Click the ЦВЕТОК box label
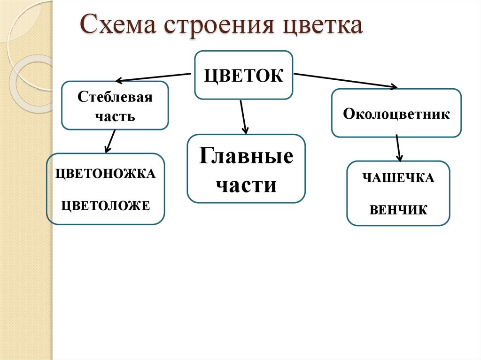(244, 75)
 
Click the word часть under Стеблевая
(115, 116)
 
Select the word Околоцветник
(396, 114)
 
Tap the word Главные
(246, 156)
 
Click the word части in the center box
(246, 184)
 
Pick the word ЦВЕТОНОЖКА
(106, 174)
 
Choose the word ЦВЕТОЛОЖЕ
(106, 205)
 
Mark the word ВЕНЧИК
(398, 210)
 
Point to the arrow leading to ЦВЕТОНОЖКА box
(110, 141)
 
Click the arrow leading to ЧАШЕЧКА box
(398, 148)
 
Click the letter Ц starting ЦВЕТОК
(209, 76)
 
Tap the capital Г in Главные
(205, 155)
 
